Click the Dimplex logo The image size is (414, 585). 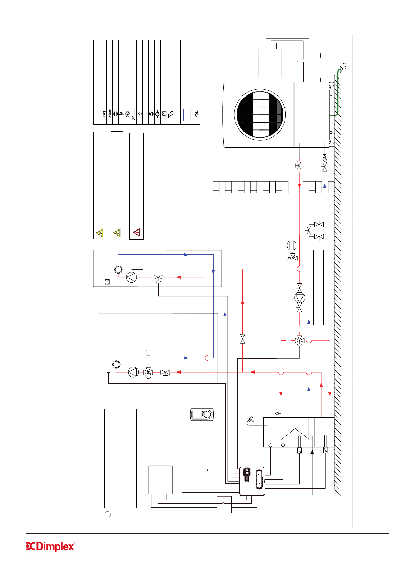(50, 546)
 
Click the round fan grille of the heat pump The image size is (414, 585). (260, 114)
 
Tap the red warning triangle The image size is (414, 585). (136, 232)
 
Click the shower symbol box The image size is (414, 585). (251, 421)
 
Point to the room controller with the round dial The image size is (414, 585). (202, 415)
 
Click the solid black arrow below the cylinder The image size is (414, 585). (312, 452)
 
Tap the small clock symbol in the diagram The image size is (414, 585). (107, 282)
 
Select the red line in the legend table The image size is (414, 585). (177, 115)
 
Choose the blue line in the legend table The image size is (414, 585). (184, 115)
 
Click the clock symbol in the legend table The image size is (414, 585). (164, 114)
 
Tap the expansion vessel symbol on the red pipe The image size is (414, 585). (291, 245)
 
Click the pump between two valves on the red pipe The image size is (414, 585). (299, 298)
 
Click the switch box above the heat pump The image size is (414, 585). (303, 61)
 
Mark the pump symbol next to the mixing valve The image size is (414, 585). (133, 372)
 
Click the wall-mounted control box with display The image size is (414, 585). (252, 481)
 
